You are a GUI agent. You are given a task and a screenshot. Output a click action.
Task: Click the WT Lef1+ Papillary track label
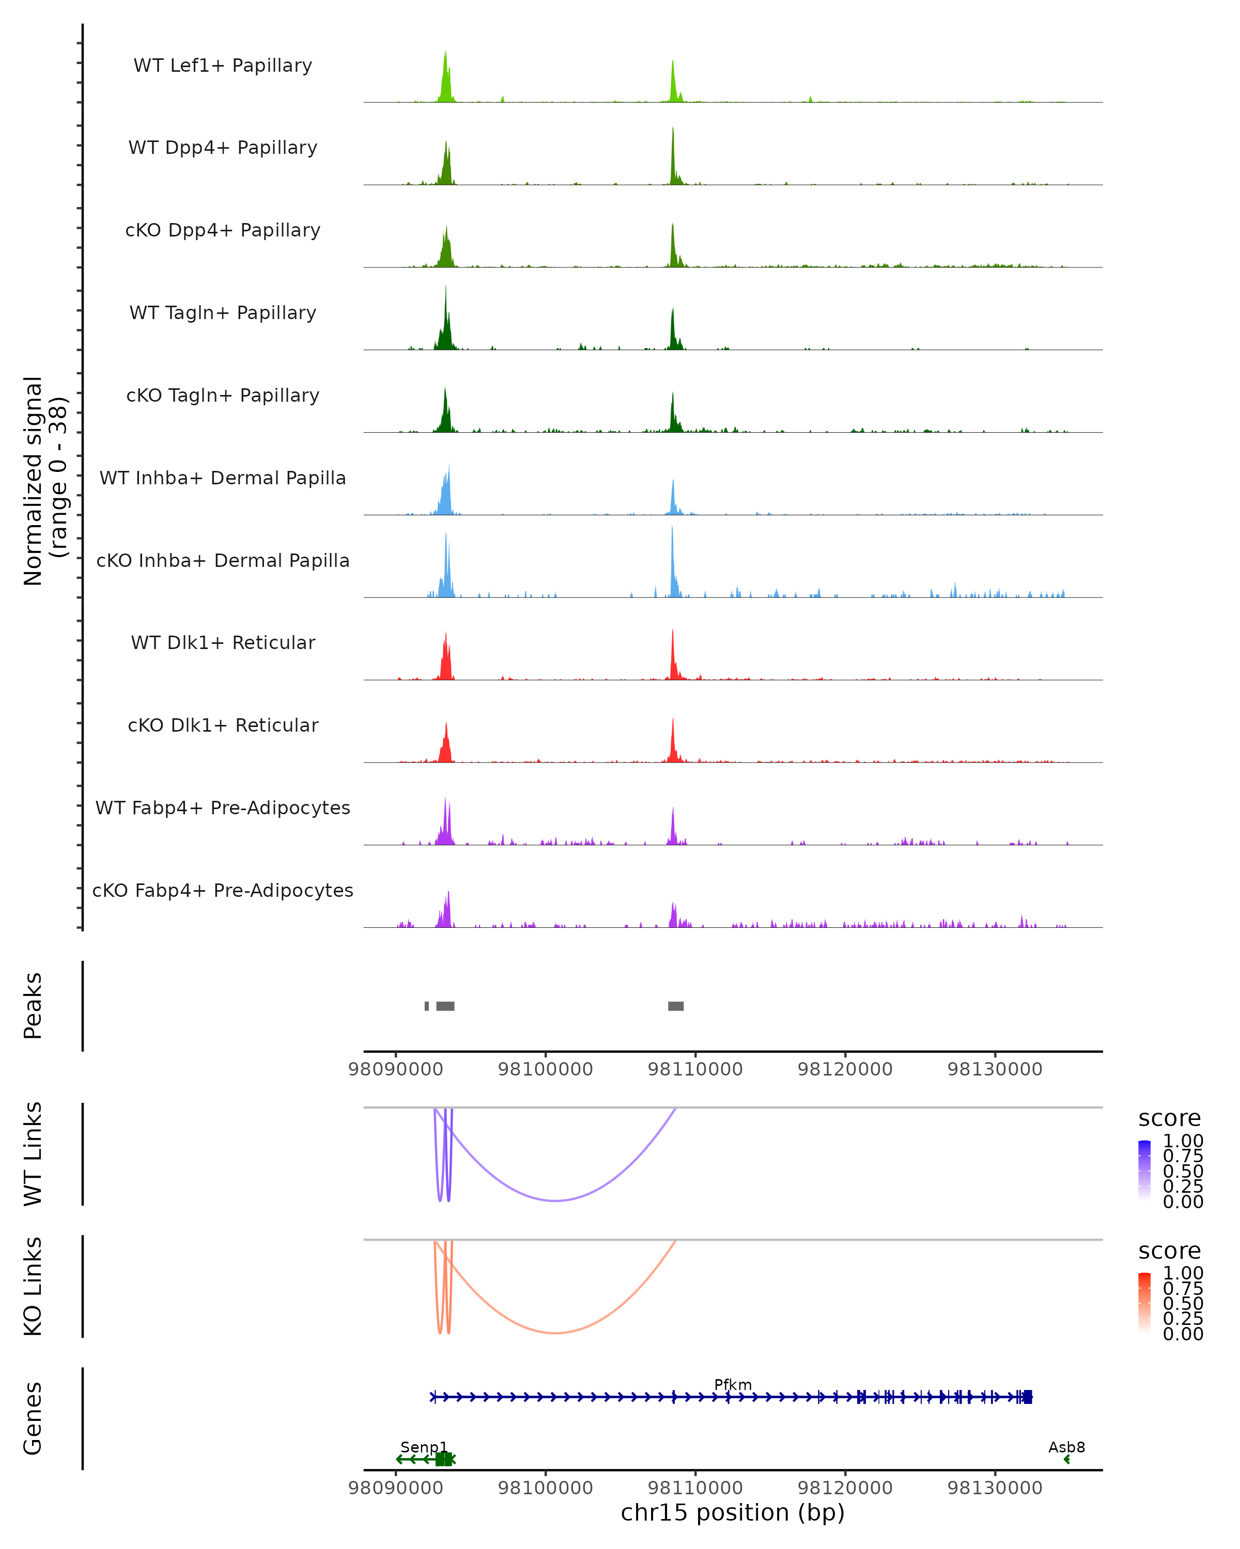(x=223, y=66)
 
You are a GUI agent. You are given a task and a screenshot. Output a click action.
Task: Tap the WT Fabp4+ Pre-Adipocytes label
(x=223, y=808)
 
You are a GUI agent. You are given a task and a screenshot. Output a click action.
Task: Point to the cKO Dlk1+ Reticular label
(x=223, y=725)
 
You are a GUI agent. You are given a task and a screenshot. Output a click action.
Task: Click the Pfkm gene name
(x=733, y=1385)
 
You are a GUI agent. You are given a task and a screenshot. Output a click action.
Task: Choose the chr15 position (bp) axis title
(x=733, y=1513)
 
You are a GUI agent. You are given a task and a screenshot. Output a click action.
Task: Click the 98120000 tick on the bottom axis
(x=845, y=1488)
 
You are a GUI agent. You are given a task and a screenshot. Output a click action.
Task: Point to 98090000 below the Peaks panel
(x=395, y=1069)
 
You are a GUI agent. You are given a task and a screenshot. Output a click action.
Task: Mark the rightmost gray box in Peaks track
(x=676, y=1006)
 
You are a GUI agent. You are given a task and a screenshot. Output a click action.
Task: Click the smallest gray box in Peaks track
(x=427, y=1006)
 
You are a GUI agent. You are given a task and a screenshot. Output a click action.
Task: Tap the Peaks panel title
(x=33, y=1006)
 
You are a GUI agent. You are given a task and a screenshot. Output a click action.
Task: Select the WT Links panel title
(x=33, y=1155)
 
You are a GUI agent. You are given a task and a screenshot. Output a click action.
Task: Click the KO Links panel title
(x=33, y=1287)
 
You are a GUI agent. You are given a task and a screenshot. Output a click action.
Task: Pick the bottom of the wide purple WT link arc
(x=555, y=1200)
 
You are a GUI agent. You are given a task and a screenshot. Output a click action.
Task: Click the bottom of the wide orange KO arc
(x=555, y=1333)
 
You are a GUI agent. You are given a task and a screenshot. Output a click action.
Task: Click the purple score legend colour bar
(x=1144, y=1169)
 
